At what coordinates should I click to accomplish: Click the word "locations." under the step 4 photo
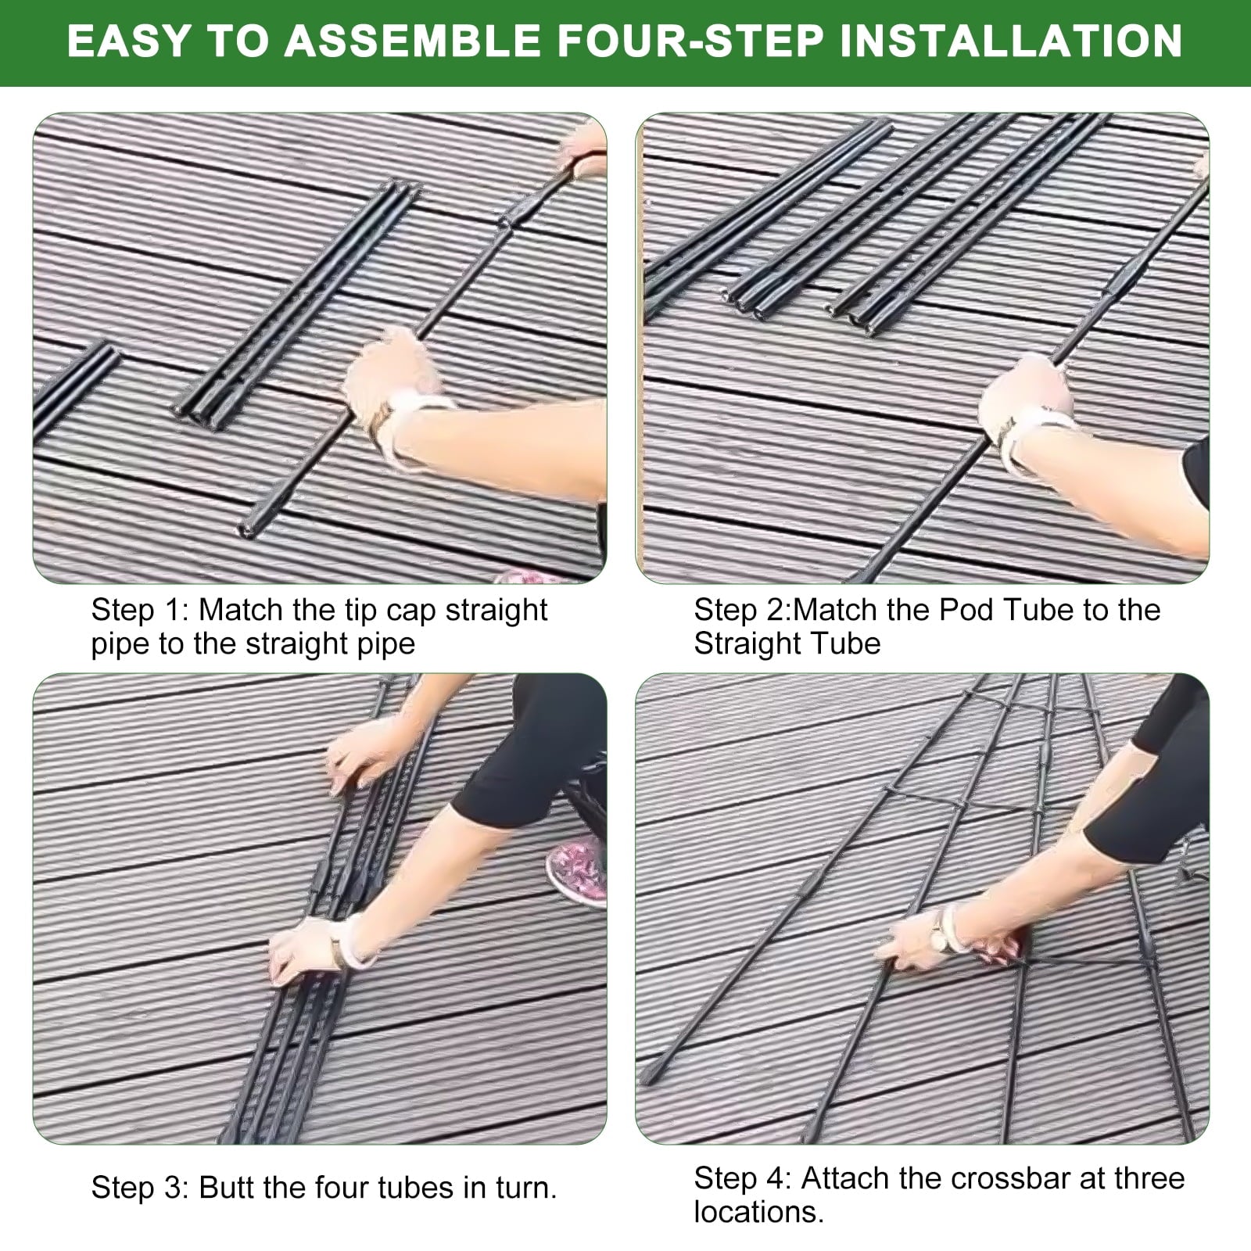tap(759, 1212)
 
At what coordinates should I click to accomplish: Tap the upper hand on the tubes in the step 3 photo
tap(364, 762)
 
